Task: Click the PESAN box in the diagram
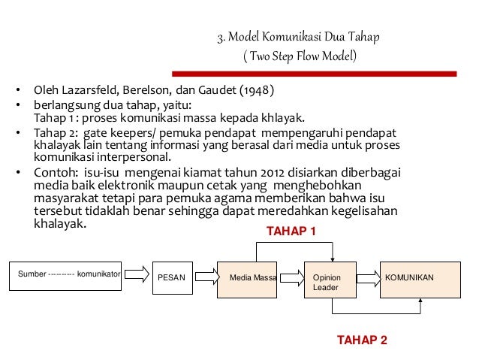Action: (x=173, y=277)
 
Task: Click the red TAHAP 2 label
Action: (x=363, y=340)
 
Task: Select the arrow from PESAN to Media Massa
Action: (x=206, y=277)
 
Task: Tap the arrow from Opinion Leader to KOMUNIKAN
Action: (x=367, y=277)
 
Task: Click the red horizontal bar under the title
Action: (x=315, y=73)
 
